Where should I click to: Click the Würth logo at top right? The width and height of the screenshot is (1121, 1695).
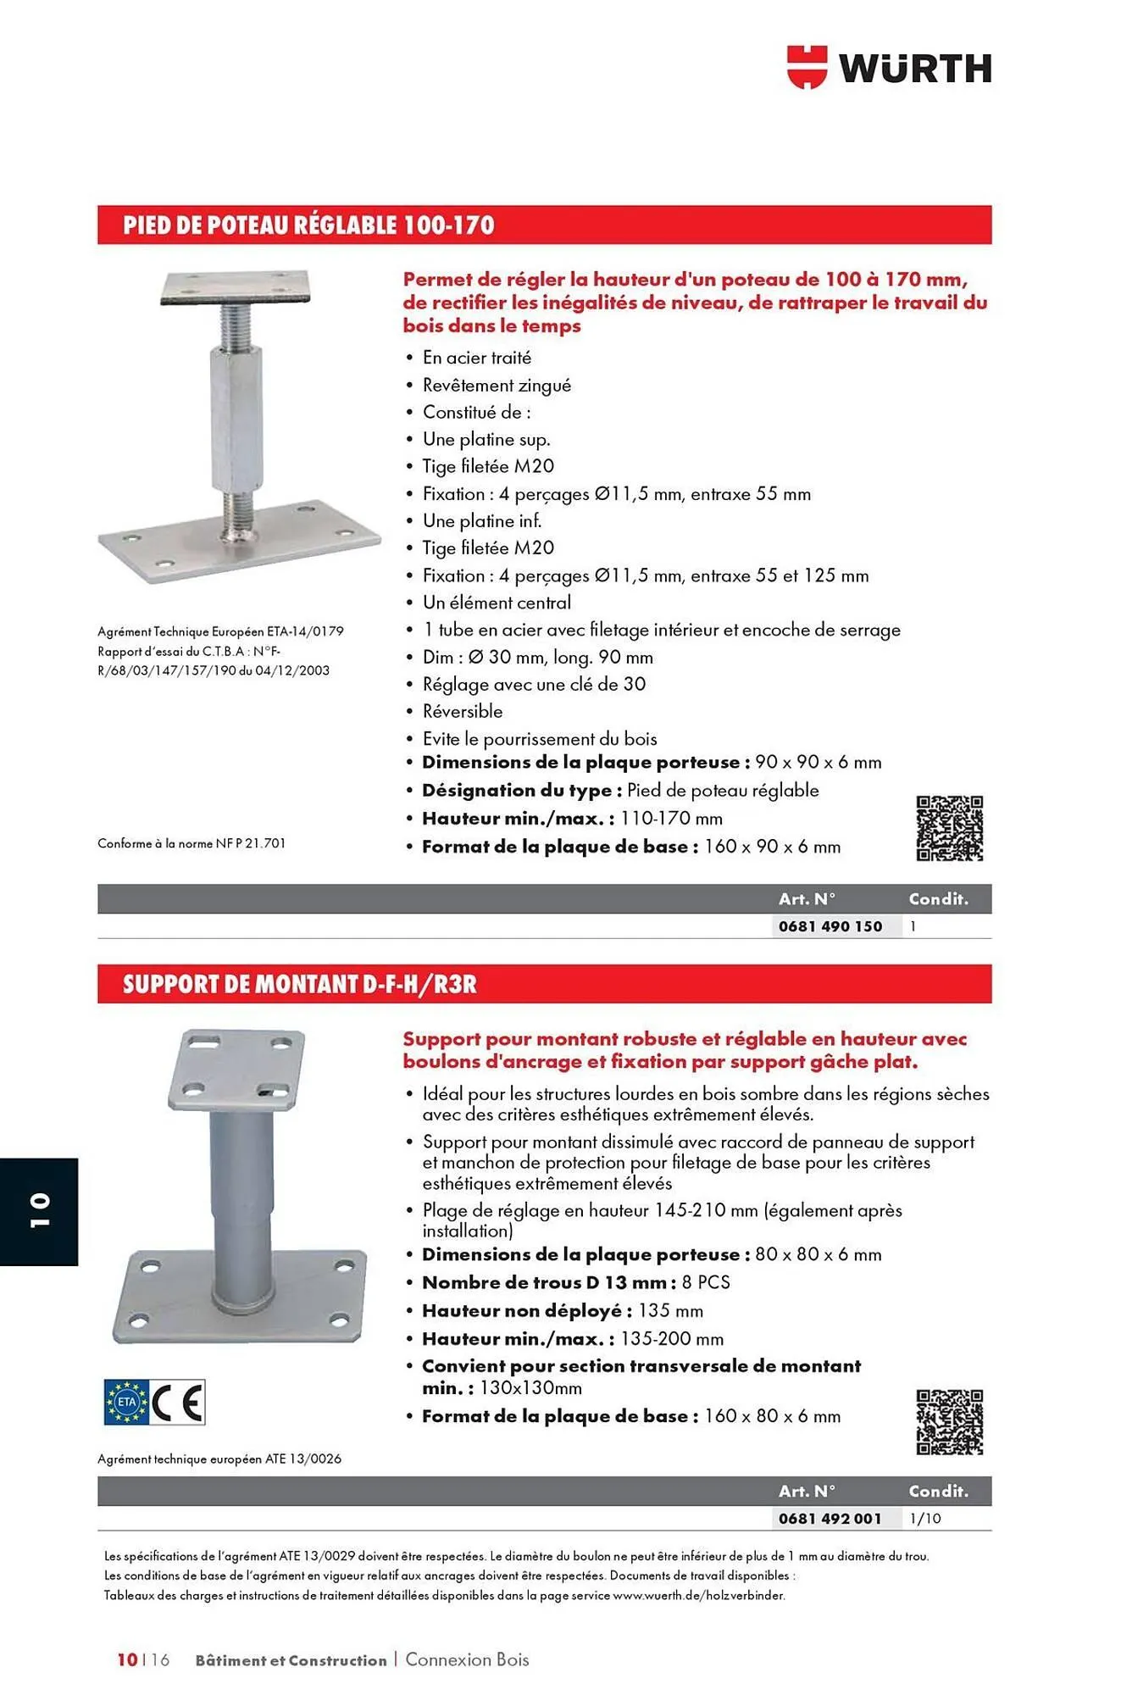[x=889, y=68]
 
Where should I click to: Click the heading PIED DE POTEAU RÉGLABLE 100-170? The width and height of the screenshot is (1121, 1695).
[x=308, y=225]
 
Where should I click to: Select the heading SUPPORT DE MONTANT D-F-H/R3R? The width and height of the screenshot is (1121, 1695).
[x=300, y=984]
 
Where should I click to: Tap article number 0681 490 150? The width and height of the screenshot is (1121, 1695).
[x=830, y=926]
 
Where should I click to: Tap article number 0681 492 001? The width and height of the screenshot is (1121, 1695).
[x=830, y=1519]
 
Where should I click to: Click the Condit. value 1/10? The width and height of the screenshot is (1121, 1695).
[x=925, y=1519]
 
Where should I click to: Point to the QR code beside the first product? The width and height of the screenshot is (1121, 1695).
[x=949, y=829]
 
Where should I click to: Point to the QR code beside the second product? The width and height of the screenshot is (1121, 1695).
[x=949, y=1423]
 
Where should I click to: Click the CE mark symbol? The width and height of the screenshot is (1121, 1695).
[x=179, y=1403]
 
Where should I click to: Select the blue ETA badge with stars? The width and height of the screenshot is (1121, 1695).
[x=126, y=1403]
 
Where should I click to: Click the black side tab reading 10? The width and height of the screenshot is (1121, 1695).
[x=39, y=1211]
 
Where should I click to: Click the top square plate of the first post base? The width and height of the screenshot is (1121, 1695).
[x=236, y=288]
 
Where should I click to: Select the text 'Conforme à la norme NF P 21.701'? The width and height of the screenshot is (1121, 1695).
[x=191, y=843]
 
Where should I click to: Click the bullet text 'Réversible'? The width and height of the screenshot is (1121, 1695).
[x=463, y=712]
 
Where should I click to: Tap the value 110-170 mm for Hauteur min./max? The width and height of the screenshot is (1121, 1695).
[x=671, y=819]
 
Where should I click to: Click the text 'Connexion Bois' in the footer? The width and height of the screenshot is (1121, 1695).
[x=467, y=1659]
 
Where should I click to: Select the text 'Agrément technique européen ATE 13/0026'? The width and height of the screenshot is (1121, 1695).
[x=219, y=1459]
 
